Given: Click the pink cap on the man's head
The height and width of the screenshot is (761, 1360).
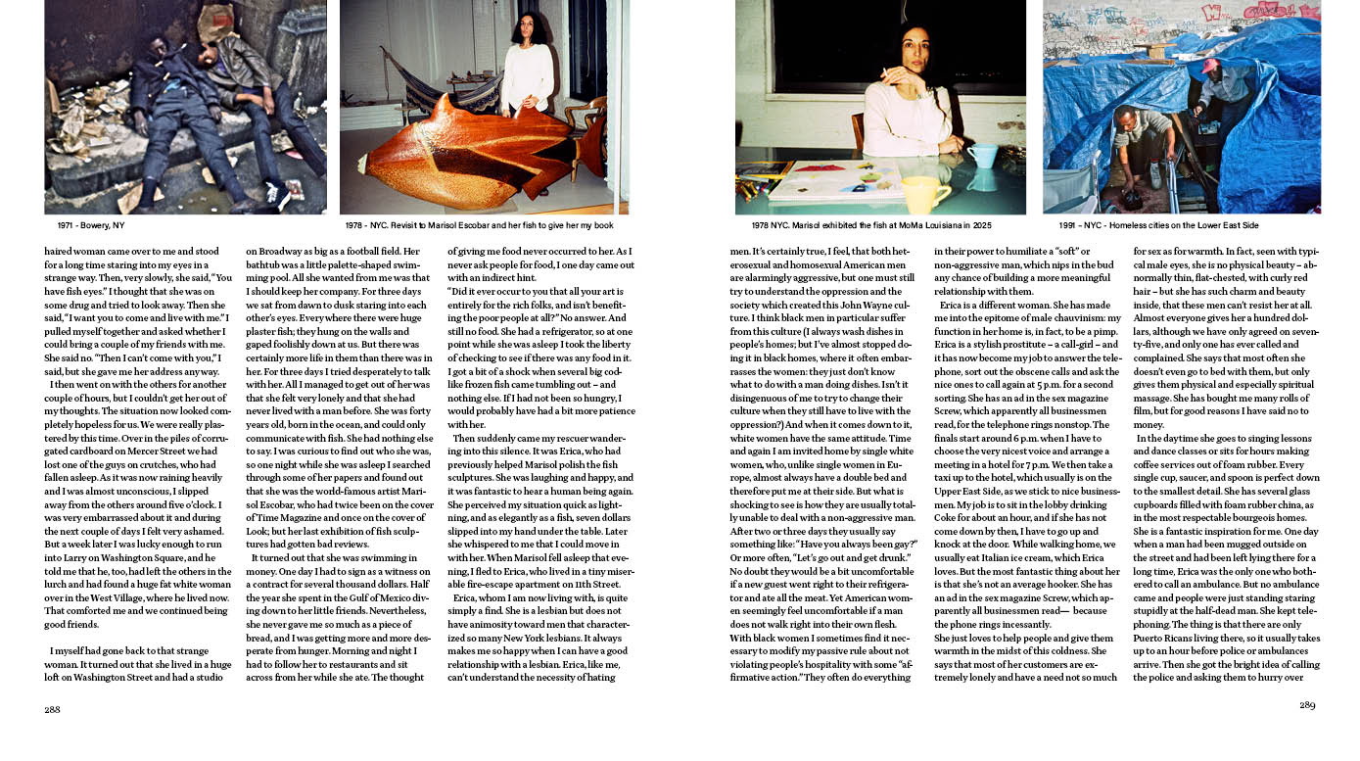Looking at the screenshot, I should tap(1210, 66).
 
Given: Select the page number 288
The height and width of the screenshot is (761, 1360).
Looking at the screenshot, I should tap(53, 709).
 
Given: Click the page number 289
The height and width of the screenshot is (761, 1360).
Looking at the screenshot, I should tap(1307, 705).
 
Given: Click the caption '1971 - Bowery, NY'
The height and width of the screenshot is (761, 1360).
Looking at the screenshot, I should tap(85, 225).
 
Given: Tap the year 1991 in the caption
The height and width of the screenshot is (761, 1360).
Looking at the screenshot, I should tap(1069, 225).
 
